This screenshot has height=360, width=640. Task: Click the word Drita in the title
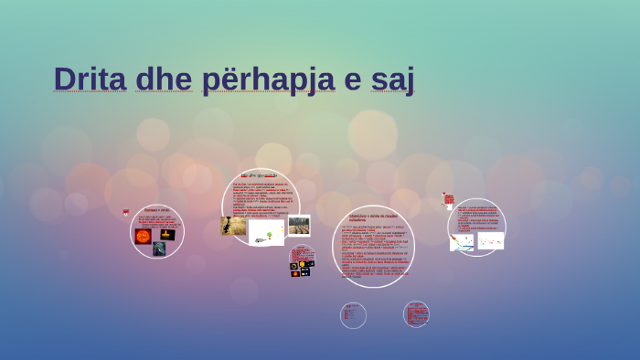click(x=90, y=79)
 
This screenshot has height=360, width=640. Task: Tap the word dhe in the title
click(x=164, y=79)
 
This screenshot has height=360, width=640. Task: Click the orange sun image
click(x=144, y=237)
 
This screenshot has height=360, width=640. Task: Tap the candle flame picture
click(x=166, y=235)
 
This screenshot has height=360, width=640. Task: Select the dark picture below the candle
click(x=159, y=249)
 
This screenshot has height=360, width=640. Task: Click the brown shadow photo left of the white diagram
click(x=233, y=226)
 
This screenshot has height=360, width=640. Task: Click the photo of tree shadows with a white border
click(x=299, y=225)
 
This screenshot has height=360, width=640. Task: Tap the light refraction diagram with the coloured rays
click(x=461, y=242)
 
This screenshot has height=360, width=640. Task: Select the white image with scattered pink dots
click(x=490, y=240)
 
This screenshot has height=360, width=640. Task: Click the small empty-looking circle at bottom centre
click(x=353, y=315)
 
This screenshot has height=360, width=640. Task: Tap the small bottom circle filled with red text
click(x=416, y=314)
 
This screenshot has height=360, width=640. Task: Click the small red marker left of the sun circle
click(x=126, y=212)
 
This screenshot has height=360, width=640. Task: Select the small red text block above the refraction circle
click(x=448, y=198)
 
